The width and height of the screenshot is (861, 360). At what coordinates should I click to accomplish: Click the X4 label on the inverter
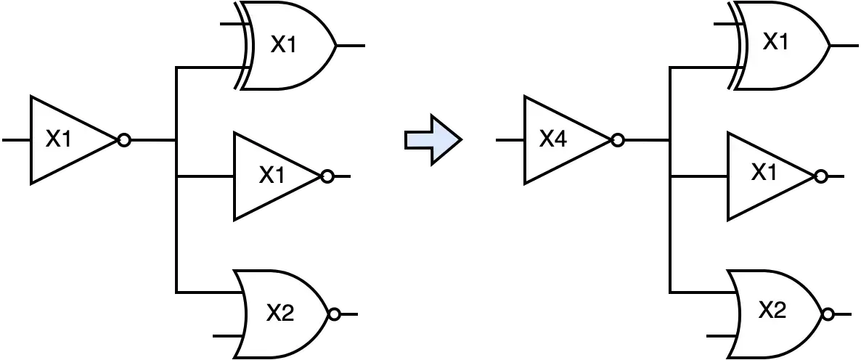[x=552, y=140]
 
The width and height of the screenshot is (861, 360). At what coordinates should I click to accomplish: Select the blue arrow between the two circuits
[x=433, y=140]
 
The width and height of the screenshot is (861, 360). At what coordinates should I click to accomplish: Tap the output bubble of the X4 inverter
[x=618, y=141]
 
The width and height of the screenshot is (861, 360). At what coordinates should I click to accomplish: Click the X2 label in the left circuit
[x=281, y=314]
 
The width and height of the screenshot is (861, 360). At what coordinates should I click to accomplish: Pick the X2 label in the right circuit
[x=772, y=311]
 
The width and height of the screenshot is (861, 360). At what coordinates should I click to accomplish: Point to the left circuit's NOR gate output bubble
[x=334, y=314]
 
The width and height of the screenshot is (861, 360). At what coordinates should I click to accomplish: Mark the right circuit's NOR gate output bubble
[x=828, y=314]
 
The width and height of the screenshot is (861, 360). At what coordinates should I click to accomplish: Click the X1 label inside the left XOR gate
[x=283, y=44]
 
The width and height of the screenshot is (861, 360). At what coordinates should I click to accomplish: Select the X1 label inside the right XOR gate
[x=775, y=41]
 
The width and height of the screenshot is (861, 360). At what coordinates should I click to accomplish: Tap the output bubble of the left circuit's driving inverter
[x=124, y=141]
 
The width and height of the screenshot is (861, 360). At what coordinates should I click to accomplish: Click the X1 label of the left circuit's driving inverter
[x=59, y=140]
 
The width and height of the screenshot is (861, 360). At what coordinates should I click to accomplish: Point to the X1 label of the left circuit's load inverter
[x=272, y=175]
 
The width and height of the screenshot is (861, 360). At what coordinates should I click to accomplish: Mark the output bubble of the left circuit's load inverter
[x=327, y=176]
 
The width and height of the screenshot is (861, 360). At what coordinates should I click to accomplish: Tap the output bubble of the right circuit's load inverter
[x=822, y=176]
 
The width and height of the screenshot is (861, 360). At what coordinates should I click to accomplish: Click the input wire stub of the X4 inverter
[x=510, y=141]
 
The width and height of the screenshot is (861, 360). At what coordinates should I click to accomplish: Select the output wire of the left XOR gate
[x=351, y=46]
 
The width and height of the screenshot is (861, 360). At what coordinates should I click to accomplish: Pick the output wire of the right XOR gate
[x=844, y=46]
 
